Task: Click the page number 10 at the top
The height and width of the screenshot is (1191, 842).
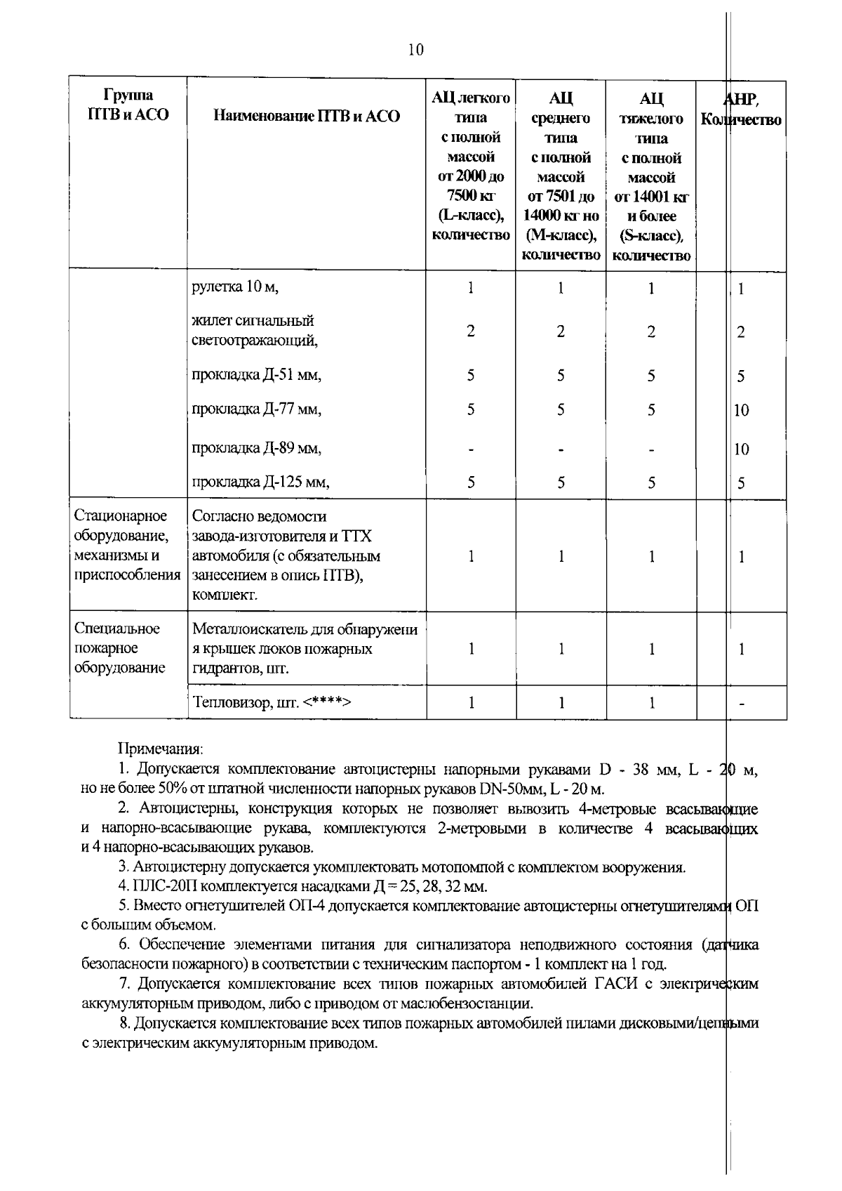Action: pyautogui.click(x=415, y=50)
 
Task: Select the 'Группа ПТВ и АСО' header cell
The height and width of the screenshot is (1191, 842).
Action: pyautogui.click(x=128, y=105)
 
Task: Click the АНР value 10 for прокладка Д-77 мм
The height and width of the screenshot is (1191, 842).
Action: pyautogui.click(x=742, y=410)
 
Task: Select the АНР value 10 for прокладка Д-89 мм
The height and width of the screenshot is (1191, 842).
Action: pyautogui.click(x=742, y=449)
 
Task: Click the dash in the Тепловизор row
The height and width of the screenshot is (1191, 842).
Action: pyautogui.click(x=742, y=703)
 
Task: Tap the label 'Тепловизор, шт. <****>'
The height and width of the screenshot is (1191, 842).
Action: pyautogui.click(x=271, y=702)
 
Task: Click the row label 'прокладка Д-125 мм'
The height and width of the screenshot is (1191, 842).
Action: pyautogui.click(x=260, y=482)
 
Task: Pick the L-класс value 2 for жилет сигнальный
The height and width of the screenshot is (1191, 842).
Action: pyautogui.click(x=471, y=331)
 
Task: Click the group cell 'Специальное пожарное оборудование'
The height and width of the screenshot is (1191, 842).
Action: pyautogui.click(x=117, y=647)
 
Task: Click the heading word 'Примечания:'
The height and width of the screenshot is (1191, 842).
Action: pyautogui.click(x=160, y=749)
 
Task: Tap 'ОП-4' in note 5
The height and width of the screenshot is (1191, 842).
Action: pyautogui.click(x=305, y=906)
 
